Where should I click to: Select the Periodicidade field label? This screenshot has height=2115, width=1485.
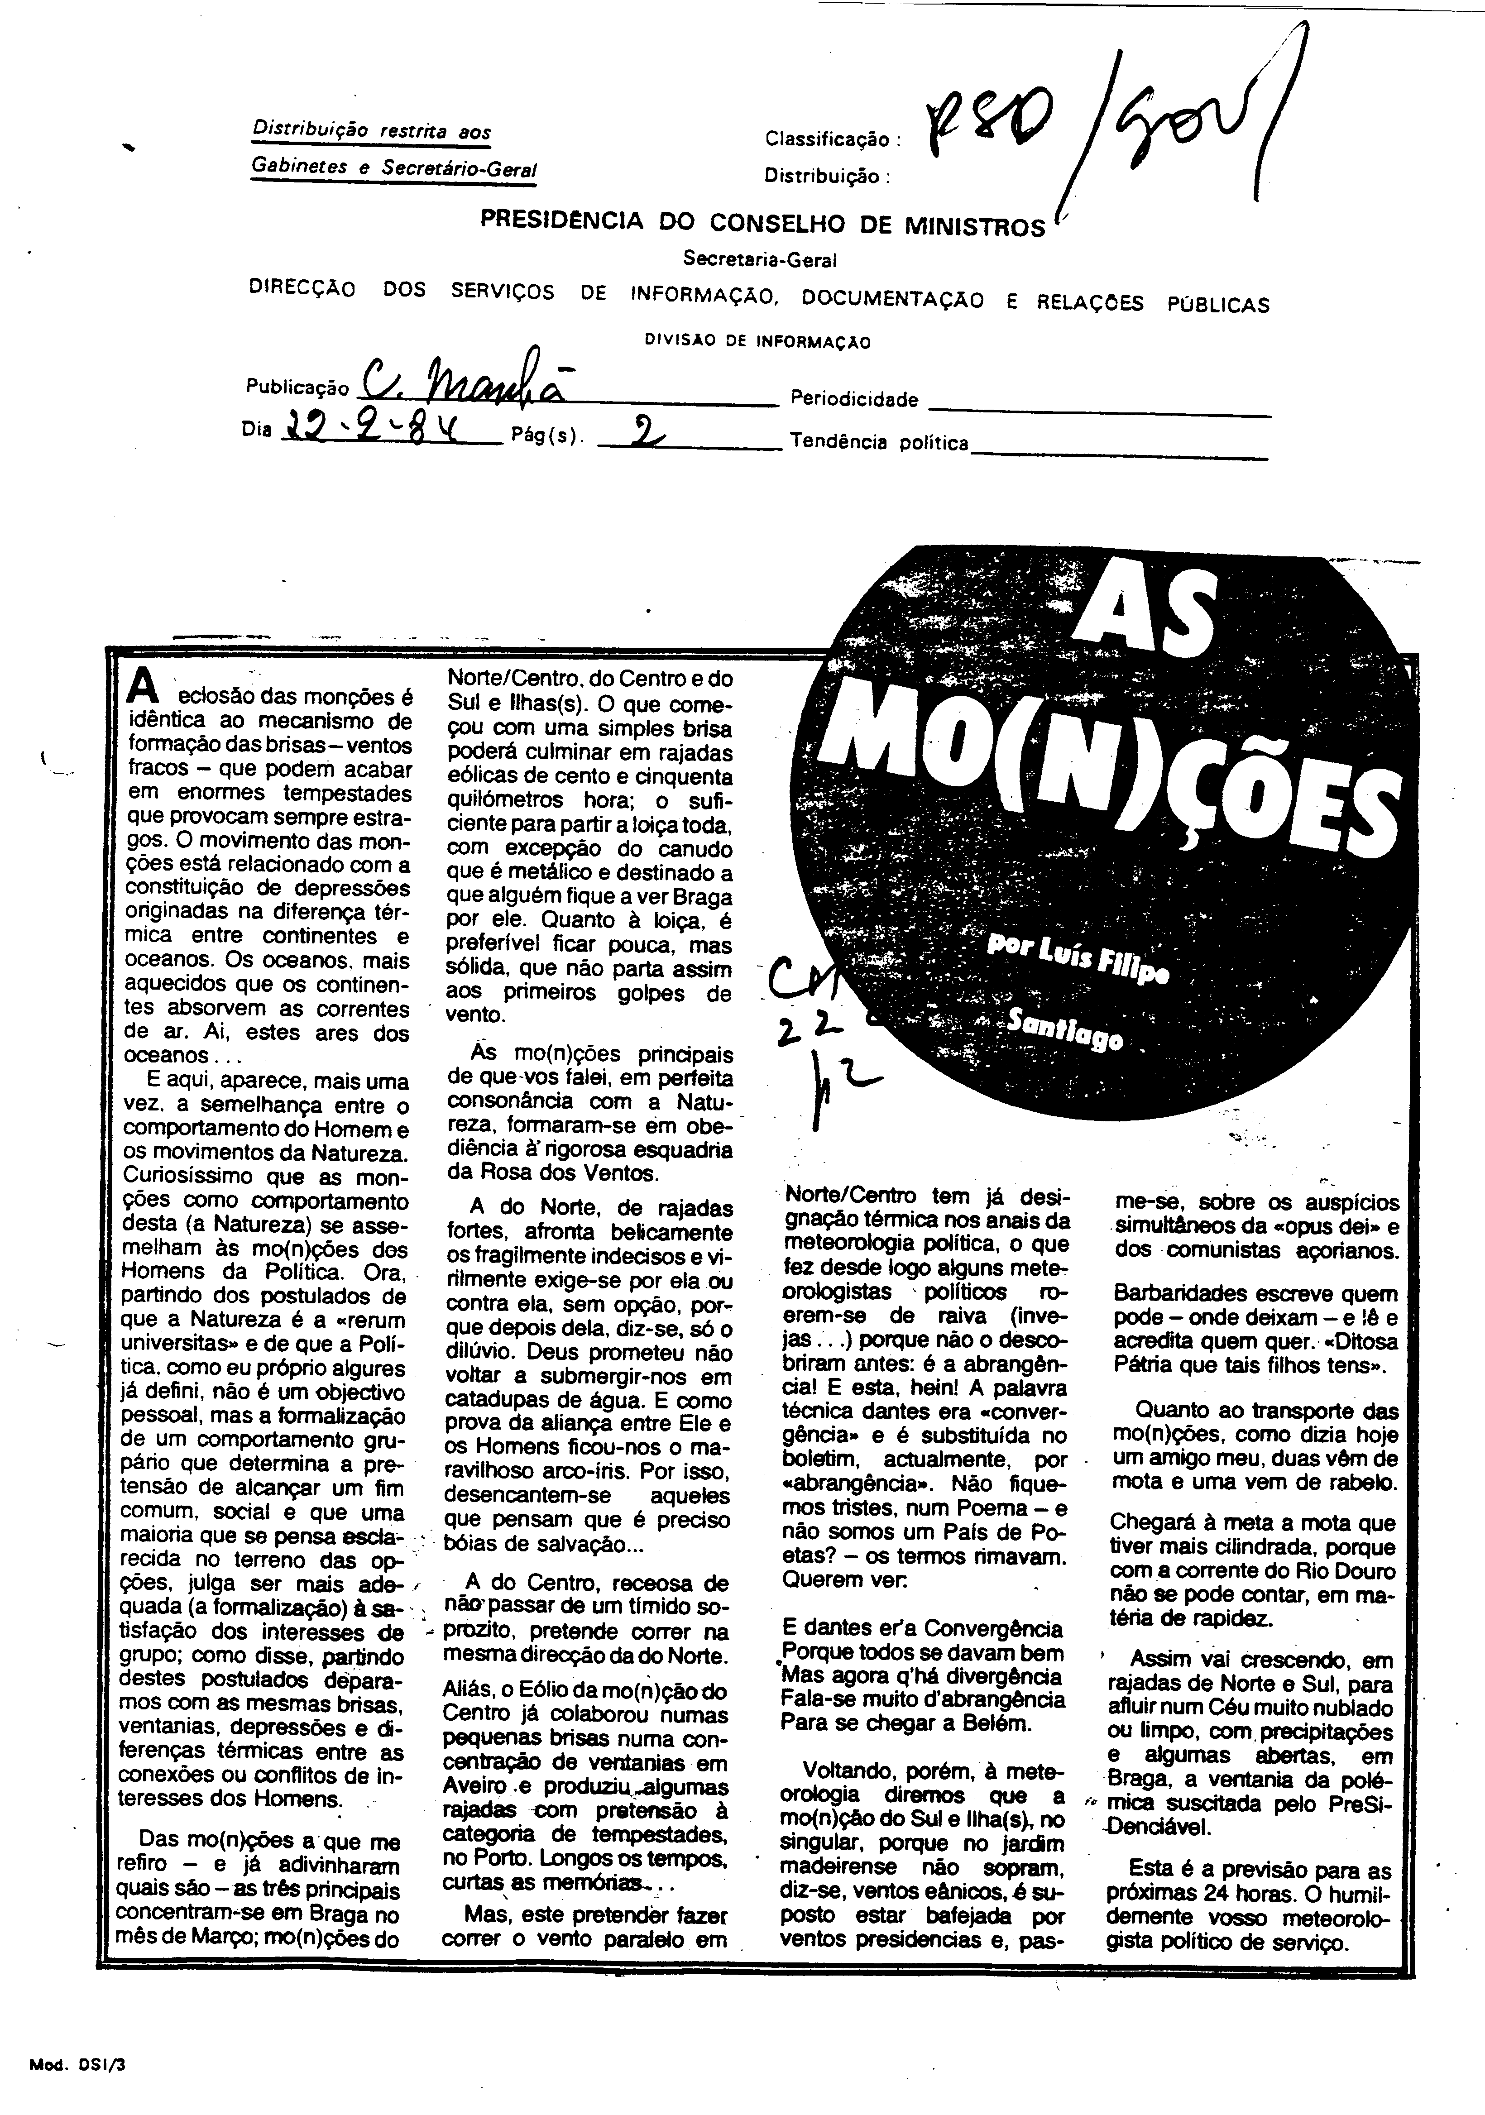pos(854,400)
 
